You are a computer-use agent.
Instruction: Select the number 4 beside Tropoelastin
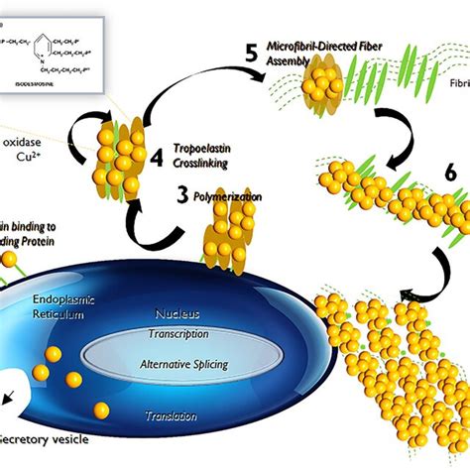(x=156, y=156)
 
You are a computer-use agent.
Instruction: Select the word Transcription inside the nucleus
(x=177, y=334)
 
